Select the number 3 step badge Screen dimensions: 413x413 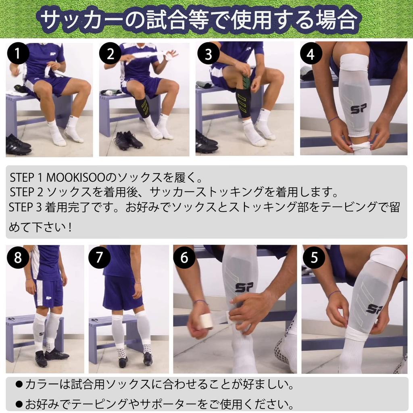click(208, 54)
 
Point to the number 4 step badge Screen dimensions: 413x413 click(311, 54)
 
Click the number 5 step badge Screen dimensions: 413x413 click(314, 257)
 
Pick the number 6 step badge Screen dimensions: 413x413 click(185, 257)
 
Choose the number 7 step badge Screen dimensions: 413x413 click(99, 257)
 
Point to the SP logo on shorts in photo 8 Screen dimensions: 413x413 click(48, 298)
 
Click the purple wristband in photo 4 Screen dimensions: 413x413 click(333, 119)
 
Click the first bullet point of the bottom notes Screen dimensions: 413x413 click(19, 384)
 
